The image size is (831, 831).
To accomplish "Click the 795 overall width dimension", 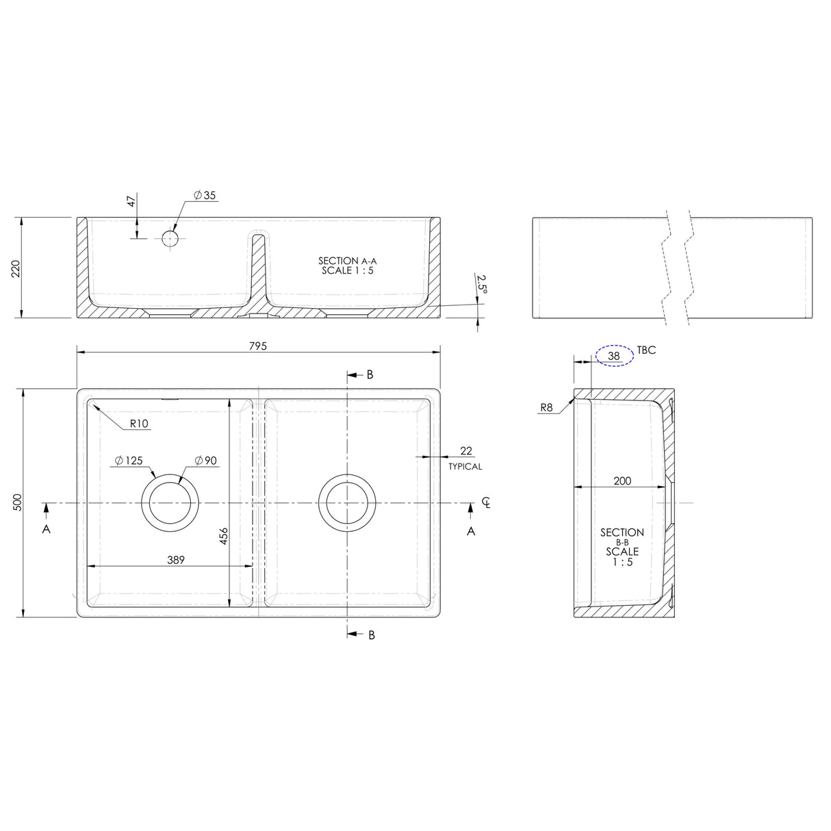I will (257, 346).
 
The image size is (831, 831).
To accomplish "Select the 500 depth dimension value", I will (18, 502).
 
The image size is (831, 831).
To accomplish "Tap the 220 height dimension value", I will (15, 268).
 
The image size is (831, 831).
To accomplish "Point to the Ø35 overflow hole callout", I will (205, 195).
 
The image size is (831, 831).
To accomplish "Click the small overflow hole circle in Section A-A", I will (170, 238).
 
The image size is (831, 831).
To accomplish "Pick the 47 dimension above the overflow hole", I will (131, 201).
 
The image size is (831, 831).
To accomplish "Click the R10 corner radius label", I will (139, 424).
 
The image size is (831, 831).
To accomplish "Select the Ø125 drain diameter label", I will (129, 460).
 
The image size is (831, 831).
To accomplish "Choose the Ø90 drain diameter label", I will (205, 460).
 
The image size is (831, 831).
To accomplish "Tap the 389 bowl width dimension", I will (176, 559).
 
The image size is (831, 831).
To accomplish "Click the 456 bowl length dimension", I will (223, 536).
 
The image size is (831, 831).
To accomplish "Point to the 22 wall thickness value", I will (466, 450).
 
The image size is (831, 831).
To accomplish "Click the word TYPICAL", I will (465, 466).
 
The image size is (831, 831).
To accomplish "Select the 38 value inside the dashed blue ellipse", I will (614, 356).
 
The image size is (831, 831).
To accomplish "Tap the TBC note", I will (646, 350).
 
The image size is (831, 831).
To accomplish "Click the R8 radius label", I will (546, 407).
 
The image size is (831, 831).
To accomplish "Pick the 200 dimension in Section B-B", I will (622, 481).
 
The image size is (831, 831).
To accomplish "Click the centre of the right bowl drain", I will (348, 502).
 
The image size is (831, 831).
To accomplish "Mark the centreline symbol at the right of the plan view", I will (487, 502).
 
